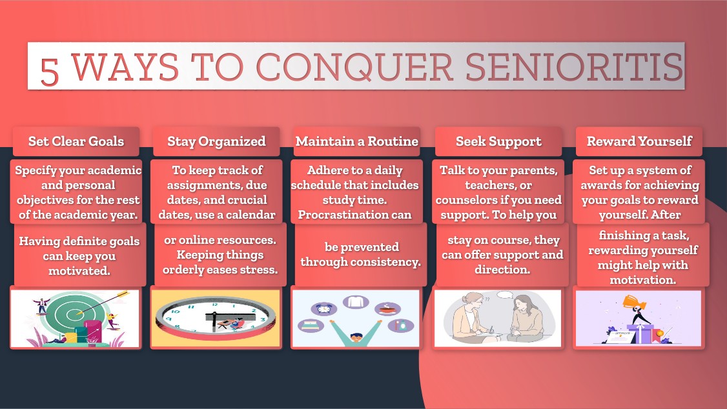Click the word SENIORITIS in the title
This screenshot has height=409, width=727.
pos(574,66)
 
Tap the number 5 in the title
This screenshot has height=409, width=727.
pos(50,72)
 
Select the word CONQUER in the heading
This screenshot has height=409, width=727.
pos(354,67)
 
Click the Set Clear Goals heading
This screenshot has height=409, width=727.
pos(76,141)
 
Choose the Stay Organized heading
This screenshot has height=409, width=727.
pos(216,142)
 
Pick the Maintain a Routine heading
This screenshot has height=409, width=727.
pos(357,141)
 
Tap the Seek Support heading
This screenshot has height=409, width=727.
pos(498,142)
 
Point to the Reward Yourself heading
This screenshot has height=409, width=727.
pos(639,141)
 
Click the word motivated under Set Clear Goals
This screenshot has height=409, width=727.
pos(79,270)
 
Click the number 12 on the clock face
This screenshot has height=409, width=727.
pos(214,304)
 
